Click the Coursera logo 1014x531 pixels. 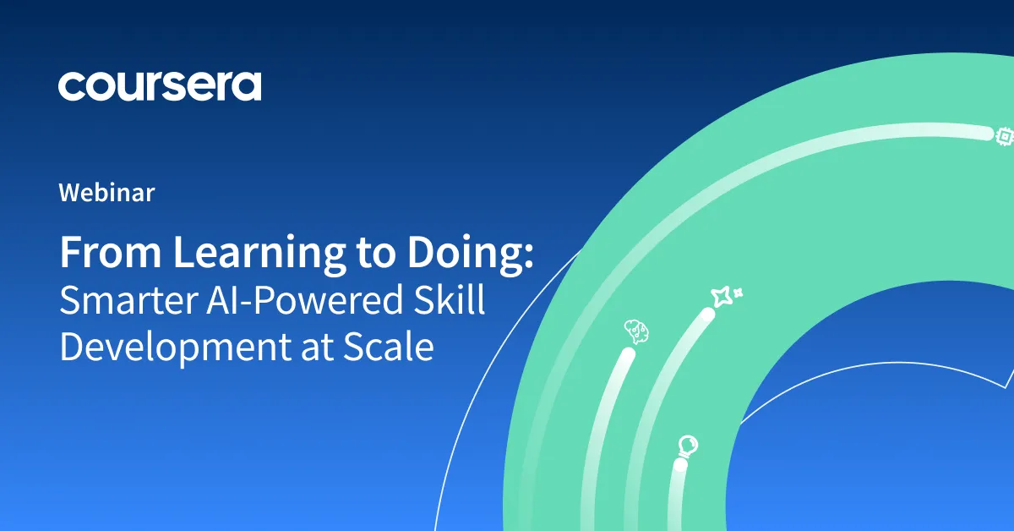(160, 86)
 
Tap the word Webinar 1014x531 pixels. (106, 193)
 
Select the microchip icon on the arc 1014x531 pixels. (1004, 134)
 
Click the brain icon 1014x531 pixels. (635, 330)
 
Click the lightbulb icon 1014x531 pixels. (689, 445)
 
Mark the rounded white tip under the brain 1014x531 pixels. (626, 356)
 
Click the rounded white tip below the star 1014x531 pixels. (707, 315)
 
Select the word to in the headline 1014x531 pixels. (372, 254)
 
